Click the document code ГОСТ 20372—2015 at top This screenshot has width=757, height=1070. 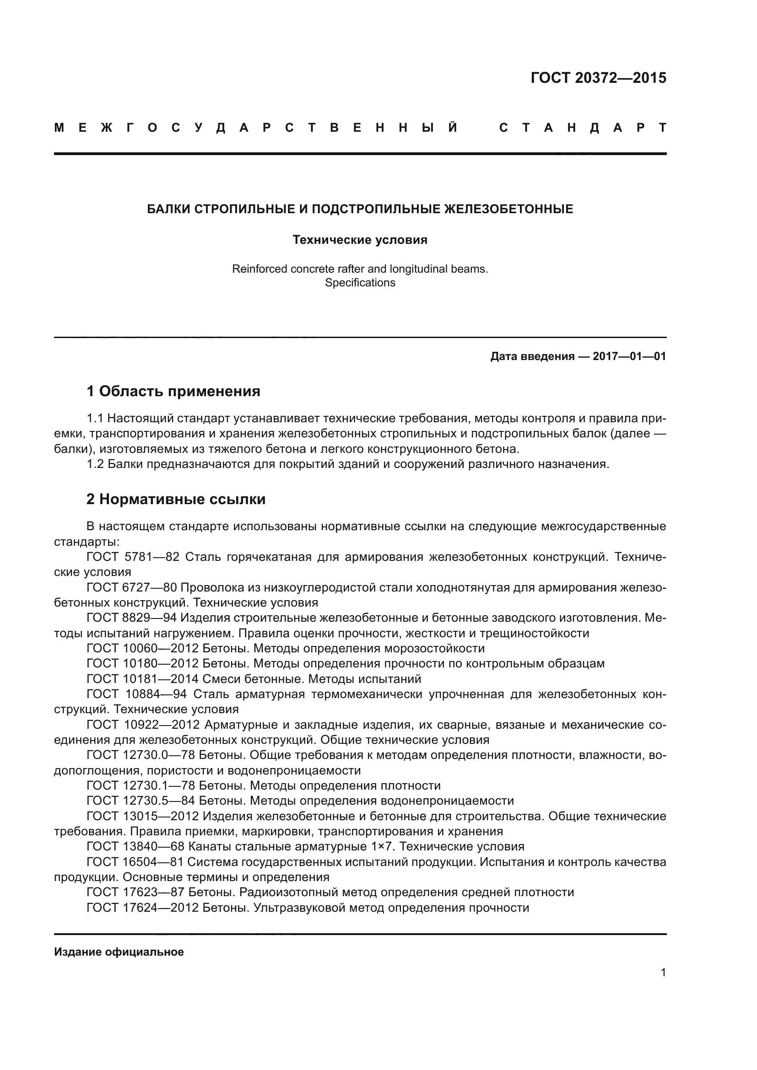(x=598, y=78)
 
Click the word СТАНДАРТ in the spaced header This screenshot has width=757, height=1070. (x=583, y=128)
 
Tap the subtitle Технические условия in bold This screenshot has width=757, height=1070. (x=360, y=240)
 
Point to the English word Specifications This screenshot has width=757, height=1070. (x=360, y=283)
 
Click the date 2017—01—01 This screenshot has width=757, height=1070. (x=629, y=357)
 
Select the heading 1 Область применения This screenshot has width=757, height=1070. (x=173, y=391)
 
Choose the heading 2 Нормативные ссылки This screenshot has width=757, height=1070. (x=176, y=499)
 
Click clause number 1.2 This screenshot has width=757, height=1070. (x=95, y=464)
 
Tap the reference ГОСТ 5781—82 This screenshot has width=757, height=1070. (x=133, y=557)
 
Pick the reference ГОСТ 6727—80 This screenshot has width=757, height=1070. (x=131, y=588)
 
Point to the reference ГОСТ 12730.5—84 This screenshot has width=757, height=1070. (x=141, y=801)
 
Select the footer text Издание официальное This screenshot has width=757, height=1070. (x=119, y=952)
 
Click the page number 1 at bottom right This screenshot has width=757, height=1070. (x=663, y=973)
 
